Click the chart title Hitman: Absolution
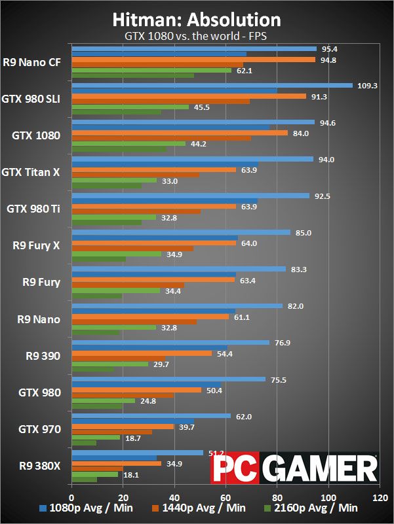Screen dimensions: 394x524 (x=197, y=20)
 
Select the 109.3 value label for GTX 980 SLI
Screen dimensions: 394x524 (x=367, y=86)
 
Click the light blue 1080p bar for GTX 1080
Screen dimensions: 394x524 (x=193, y=122)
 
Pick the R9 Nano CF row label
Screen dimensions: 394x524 (x=32, y=62)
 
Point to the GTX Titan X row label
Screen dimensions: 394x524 (x=31, y=172)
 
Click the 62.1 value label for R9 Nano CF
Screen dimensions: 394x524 (x=245, y=71)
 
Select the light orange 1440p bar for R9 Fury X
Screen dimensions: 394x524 (x=154, y=243)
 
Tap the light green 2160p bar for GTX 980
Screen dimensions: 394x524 (x=104, y=400)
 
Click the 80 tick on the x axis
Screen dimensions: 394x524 (x=277, y=498)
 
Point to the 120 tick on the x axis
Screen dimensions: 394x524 (x=380, y=498)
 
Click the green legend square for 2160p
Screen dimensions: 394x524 (x=267, y=509)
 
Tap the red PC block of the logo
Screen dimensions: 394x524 (x=235, y=468)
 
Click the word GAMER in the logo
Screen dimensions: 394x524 (x=319, y=468)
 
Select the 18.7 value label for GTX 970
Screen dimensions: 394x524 (x=133, y=438)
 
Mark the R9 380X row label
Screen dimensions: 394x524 (x=40, y=466)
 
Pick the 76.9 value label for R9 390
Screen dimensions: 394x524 (x=283, y=343)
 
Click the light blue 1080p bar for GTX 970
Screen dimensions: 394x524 (x=151, y=416)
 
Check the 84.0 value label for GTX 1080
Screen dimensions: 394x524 (x=301, y=133)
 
